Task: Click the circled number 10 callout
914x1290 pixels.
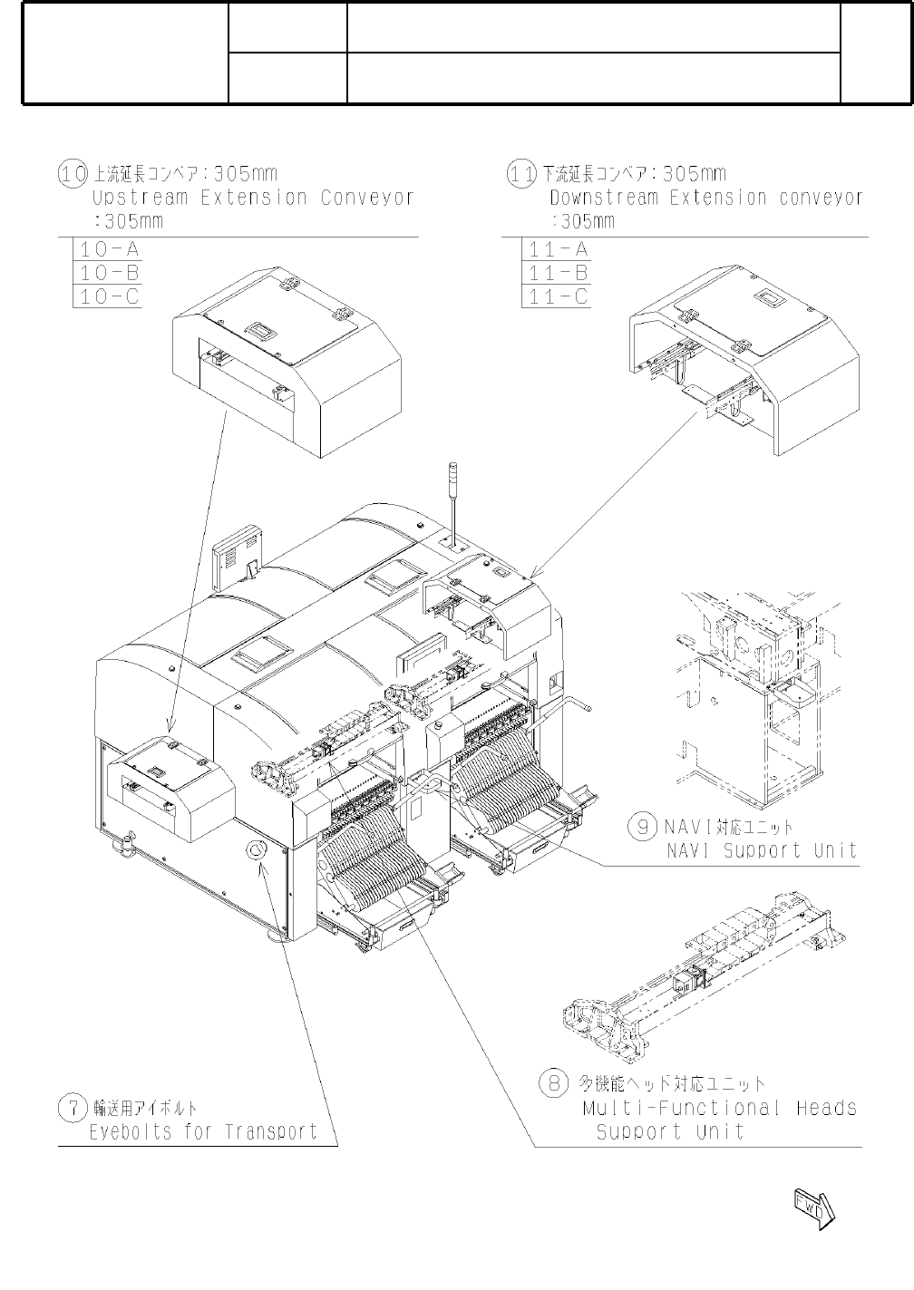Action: click(73, 173)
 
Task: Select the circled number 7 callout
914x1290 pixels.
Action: click(73, 1107)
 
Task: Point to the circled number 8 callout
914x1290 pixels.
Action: click(552, 1081)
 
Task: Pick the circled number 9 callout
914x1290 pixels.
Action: click(643, 826)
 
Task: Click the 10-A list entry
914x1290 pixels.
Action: click(107, 249)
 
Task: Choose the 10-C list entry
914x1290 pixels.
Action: click(107, 296)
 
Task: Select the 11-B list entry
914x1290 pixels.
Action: click(557, 273)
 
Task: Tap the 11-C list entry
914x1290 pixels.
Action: click(557, 296)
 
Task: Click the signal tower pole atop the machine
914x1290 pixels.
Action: click(452, 500)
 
